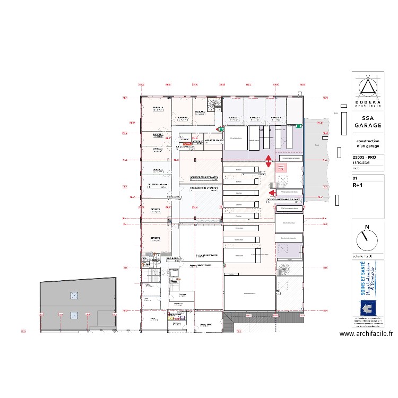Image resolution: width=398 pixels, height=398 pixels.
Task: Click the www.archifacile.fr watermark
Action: [366, 334]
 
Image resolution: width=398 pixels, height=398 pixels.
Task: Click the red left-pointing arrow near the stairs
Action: [271, 193]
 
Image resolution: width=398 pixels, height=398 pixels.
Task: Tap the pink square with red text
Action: [282, 167]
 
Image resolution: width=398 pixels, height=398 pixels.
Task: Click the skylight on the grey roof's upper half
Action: [74, 295]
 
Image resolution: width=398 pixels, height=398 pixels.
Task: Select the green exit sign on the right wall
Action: [299, 126]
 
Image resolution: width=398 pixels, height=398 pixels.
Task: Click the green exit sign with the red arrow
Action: [220, 129]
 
